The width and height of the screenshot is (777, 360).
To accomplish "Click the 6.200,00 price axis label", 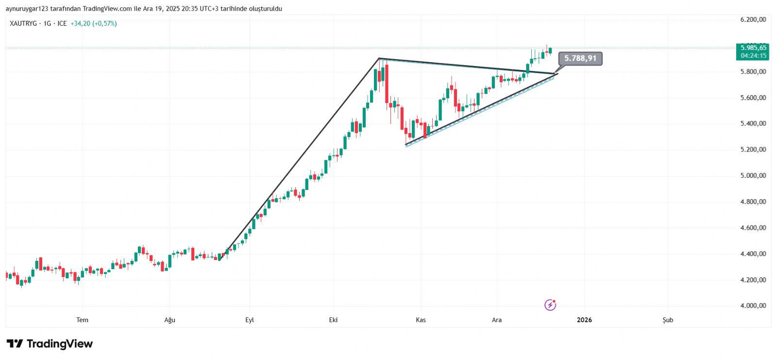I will pyautogui.click(x=753, y=19).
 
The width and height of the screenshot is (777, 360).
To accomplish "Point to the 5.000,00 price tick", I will pyautogui.click(x=753, y=175).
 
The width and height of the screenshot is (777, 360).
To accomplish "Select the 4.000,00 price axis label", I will pyautogui.click(x=753, y=306).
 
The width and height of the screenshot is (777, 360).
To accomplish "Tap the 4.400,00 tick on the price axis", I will pyautogui.click(x=753, y=254).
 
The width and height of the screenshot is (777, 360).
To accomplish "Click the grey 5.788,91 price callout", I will pyautogui.click(x=580, y=58).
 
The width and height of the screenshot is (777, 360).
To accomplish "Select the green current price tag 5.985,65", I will pyautogui.click(x=753, y=48).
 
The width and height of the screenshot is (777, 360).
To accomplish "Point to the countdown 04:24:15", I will pyautogui.click(x=753, y=55).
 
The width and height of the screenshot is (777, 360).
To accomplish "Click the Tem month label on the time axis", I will pyautogui.click(x=82, y=320).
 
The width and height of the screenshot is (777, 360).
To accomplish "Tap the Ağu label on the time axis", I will pyautogui.click(x=169, y=320).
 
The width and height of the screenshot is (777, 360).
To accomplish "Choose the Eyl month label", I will pyautogui.click(x=250, y=320).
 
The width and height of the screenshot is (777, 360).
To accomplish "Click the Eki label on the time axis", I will pyautogui.click(x=333, y=320).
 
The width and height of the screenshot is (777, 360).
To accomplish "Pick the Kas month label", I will pyautogui.click(x=421, y=320).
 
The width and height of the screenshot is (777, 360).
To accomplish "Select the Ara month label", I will pyautogui.click(x=497, y=320).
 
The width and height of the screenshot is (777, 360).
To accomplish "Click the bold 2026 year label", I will pyautogui.click(x=584, y=320).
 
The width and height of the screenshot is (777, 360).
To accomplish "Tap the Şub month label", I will pyautogui.click(x=668, y=320).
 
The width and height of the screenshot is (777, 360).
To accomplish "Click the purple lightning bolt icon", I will pyautogui.click(x=550, y=305).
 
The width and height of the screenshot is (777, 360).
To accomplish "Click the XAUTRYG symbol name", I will pyautogui.click(x=23, y=23).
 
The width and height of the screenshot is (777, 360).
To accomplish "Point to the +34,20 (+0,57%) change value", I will pyautogui.click(x=94, y=23).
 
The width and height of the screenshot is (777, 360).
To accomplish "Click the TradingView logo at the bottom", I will pyautogui.click(x=50, y=344).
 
